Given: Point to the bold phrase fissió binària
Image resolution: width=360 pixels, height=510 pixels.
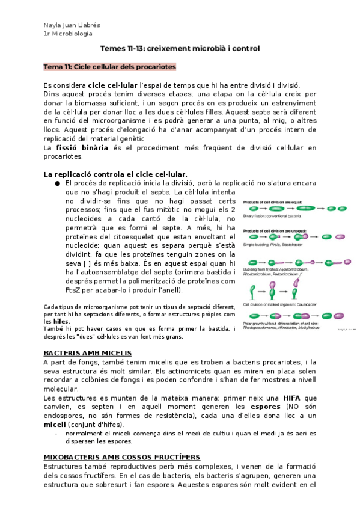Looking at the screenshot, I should (82, 148).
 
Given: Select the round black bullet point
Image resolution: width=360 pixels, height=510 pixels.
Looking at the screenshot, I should (56, 183).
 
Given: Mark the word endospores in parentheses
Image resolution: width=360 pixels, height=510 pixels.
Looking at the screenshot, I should (67, 416).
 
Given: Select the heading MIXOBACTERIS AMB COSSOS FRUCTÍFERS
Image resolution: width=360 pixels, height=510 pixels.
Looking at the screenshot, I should (122, 457).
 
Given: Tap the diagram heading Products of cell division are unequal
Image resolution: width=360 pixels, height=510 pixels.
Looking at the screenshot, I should (275, 229).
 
